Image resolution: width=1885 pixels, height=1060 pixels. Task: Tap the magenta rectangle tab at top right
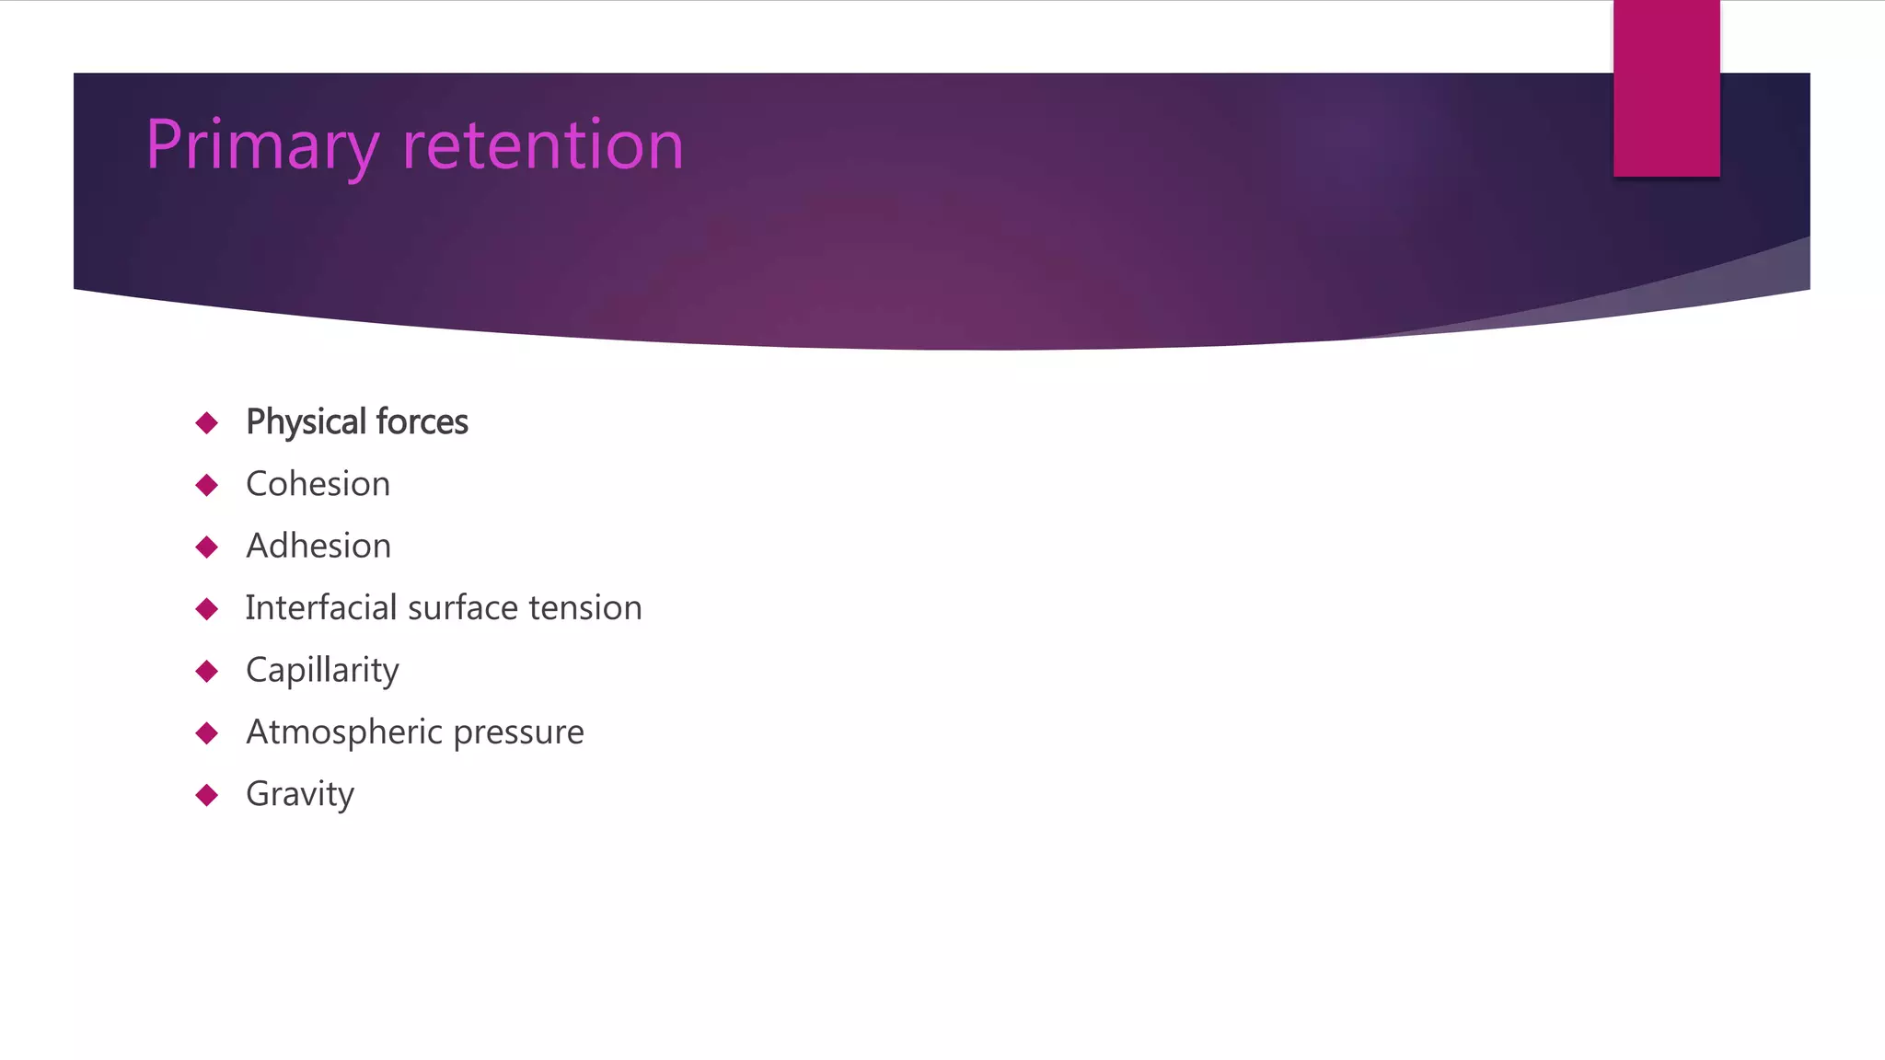1666,88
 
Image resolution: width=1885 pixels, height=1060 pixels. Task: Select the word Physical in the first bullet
306,422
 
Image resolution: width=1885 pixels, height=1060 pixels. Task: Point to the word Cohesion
318,484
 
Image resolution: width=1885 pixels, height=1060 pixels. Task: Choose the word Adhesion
318,546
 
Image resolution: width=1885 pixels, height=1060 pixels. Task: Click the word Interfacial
321,607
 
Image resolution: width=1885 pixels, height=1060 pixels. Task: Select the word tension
585,607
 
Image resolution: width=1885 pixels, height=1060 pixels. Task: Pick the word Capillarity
322,670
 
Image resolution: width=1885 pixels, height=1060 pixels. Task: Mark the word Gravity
300,794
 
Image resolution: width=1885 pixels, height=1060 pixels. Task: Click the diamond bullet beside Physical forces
207,423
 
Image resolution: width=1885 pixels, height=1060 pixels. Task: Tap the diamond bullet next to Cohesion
207,485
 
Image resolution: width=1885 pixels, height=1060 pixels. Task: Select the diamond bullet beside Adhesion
207,547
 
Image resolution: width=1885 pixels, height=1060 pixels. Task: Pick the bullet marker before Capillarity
207,671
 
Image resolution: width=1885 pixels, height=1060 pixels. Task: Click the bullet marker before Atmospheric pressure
207,733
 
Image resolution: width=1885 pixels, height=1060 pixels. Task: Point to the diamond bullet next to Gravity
207,795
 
